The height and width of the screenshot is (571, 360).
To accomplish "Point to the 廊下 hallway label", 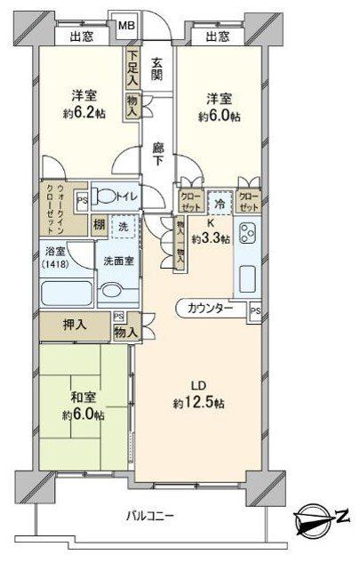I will (x=156, y=153).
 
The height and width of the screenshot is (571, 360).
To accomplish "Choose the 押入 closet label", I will (x=75, y=325).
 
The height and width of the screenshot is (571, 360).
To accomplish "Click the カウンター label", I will (x=211, y=308).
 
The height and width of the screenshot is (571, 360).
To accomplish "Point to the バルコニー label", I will (x=149, y=516).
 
